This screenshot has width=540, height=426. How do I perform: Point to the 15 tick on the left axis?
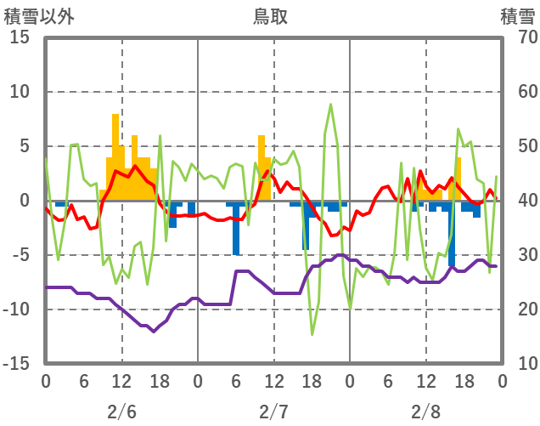click(x=20, y=37)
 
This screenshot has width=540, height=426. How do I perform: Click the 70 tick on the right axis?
click(x=519, y=37)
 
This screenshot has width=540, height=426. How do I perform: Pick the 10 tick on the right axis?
click(x=519, y=363)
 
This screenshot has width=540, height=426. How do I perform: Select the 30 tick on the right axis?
click(x=519, y=255)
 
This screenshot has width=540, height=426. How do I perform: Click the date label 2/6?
click(x=121, y=412)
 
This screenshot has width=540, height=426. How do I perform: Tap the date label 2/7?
click(x=273, y=412)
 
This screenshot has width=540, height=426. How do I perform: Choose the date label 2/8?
click(x=425, y=412)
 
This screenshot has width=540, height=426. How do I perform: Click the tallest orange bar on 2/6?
click(x=115, y=157)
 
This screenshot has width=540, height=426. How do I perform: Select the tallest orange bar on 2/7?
click(x=262, y=168)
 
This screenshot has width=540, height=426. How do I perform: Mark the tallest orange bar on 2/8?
click(x=458, y=179)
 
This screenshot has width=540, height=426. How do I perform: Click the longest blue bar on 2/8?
click(x=452, y=234)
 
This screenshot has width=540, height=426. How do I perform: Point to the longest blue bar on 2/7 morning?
click(x=236, y=228)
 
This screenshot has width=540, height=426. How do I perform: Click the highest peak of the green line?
click(x=331, y=104)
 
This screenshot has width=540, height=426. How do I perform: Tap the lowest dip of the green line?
click(x=312, y=334)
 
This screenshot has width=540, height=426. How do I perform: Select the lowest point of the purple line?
click(x=154, y=331)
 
